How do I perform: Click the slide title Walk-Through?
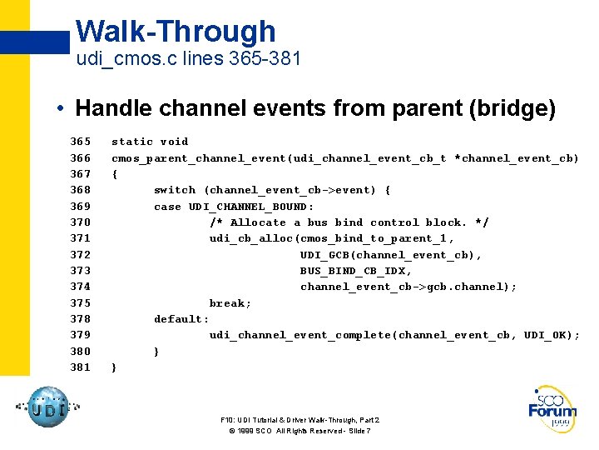(x=176, y=32)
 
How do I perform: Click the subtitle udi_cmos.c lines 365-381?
(x=188, y=60)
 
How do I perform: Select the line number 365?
(x=80, y=142)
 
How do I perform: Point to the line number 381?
(x=80, y=367)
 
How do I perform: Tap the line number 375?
(x=80, y=302)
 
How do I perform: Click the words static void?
(x=150, y=142)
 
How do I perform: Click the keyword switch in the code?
(x=175, y=190)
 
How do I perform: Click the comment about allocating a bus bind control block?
(x=349, y=222)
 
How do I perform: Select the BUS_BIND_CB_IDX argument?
(x=356, y=271)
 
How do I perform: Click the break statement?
(x=230, y=302)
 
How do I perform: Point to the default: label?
(x=181, y=318)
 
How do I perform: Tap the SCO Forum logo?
(x=552, y=408)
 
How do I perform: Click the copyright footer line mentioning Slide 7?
(x=299, y=431)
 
